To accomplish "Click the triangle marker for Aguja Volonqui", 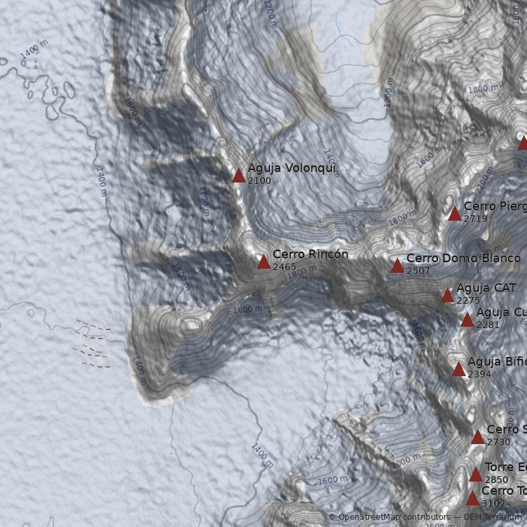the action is click(238, 175).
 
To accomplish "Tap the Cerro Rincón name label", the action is click(310, 254).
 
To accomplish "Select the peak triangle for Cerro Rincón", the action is click(263, 262).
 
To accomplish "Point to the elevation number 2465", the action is click(285, 267).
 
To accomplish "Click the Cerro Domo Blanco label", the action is click(463, 258).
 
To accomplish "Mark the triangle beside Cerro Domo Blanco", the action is click(397, 265).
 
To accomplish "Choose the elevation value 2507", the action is click(418, 271).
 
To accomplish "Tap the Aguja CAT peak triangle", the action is click(448, 295).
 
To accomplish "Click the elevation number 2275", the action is click(468, 300).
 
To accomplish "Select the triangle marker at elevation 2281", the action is click(467, 320).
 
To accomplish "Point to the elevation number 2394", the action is click(480, 374).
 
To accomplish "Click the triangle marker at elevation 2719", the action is click(455, 213).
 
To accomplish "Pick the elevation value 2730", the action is click(499, 442).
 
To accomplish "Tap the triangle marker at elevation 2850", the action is click(476, 474).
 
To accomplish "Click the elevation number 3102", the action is click(493, 503).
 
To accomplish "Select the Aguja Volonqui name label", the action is click(292, 168).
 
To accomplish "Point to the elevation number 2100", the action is click(260, 180).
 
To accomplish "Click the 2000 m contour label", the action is click(406, 458).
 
